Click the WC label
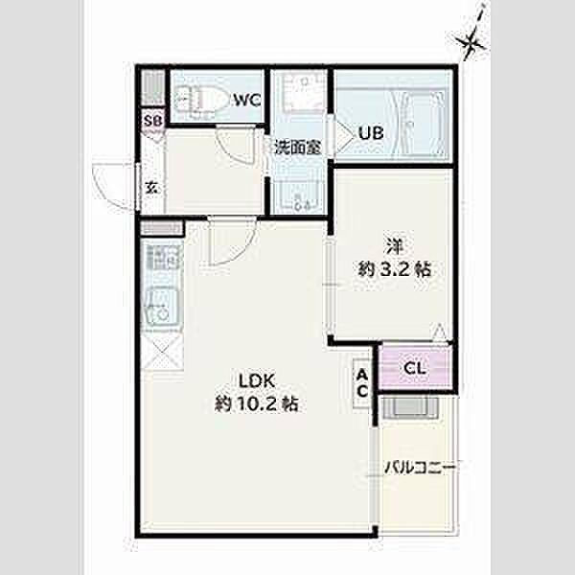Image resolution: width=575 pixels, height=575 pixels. pos(247,100)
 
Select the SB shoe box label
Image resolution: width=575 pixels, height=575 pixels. pos(152,121)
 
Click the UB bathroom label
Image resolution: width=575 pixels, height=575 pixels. pos(371,133)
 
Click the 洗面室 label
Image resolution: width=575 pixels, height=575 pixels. pos(298,148)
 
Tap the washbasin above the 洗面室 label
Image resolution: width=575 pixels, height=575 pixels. pos(302,91)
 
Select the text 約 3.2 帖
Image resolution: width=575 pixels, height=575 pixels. pos(394,269)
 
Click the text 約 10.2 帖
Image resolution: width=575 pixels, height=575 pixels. pos(256,404)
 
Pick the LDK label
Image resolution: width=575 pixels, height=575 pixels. pos(257,381)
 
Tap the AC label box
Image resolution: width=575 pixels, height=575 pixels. pos(362,383)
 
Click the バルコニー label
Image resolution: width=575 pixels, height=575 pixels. pos(420,468)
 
